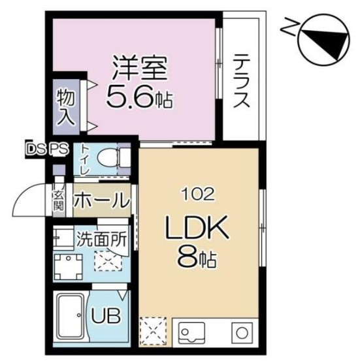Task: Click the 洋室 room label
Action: [x=140, y=68]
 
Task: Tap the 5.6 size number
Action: [x=129, y=97]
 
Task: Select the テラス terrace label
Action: [x=241, y=81]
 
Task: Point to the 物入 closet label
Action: [x=66, y=107]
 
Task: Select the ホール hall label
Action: [x=102, y=200]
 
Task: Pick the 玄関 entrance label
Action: [x=58, y=201]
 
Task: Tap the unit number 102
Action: [x=198, y=195]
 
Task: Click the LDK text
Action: [x=197, y=228]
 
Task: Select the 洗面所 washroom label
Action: [x=101, y=240]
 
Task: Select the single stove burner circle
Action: [x=242, y=334]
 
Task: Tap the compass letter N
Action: [x=288, y=27]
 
